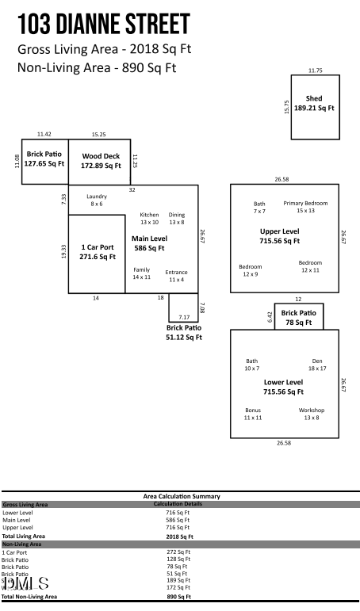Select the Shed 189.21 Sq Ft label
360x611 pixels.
click(x=314, y=103)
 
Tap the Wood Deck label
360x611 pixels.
click(x=101, y=161)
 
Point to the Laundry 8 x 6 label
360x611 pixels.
click(x=97, y=200)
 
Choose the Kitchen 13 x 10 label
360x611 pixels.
click(x=149, y=219)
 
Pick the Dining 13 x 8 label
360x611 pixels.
click(x=176, y=219)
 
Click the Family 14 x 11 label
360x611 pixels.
click(x=141, y=273)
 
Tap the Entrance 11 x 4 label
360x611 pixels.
click(x=176, y=276)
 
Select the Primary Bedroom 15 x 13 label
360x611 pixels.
click(x=305, y=207)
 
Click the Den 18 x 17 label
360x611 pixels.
click(x=317, y=365)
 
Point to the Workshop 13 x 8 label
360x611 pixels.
click(x=311, y=414)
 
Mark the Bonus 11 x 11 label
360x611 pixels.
click(x=252, y=414)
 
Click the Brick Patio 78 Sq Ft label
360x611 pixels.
click(x=298, y=318)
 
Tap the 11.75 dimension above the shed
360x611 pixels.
click(x=315, y=71)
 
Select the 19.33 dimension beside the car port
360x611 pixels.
click(x=63, y=250)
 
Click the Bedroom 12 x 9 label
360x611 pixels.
click(x=250, y=270)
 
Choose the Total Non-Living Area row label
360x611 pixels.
click(x=29, y=595)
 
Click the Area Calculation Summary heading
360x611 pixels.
click(x=181, y=496)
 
